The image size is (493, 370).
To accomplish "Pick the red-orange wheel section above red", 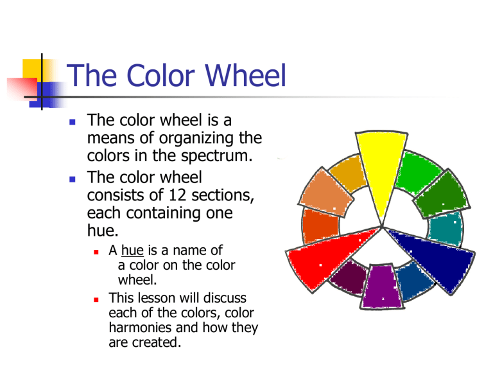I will coord(319,225).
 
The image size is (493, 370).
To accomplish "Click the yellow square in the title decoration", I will coord(32,66).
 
